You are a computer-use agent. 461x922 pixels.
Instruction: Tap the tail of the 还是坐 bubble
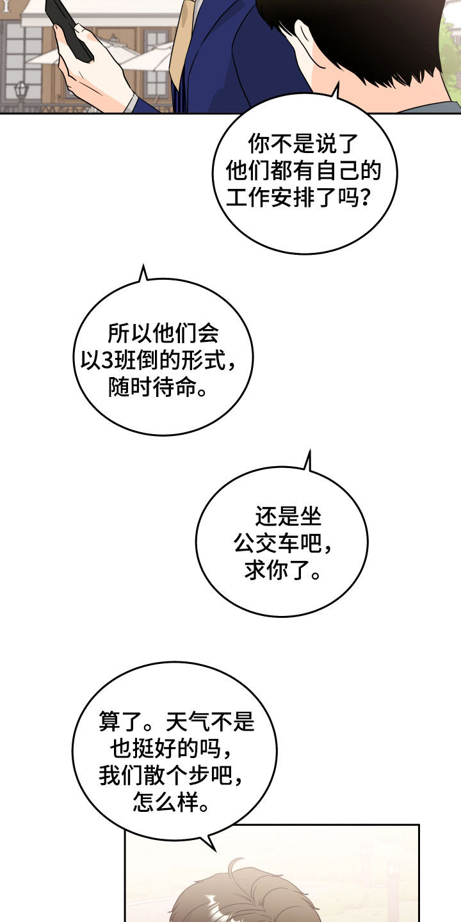309,460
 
